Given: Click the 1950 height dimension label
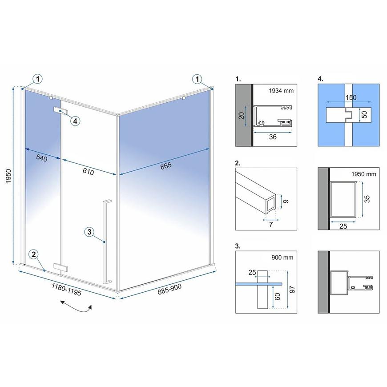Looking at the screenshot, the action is (8, 176).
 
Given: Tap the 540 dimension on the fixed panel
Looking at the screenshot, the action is (42, 158).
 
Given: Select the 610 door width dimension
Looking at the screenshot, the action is (89, 171).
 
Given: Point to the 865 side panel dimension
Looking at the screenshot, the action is (165, 166).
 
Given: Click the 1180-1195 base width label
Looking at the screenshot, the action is (66, 289).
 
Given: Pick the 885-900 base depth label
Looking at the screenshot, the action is (169, 289).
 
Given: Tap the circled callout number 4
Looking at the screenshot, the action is (75, 121).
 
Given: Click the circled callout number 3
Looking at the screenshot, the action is (89, 232).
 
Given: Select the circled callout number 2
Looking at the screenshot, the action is (34, 254).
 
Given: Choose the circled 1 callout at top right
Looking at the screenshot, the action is (197, 80).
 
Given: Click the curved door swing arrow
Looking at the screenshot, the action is (76, 307).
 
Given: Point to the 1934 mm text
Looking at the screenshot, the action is (281, 91).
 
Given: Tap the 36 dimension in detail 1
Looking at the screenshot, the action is (273, 137).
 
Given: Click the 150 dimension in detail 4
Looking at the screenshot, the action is (351, 97).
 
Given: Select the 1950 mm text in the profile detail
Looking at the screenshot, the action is (363, 174).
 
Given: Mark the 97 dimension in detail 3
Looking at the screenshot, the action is (292, 289).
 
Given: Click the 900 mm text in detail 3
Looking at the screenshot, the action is (282, 258).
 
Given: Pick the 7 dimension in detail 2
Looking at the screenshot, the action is (271, 224).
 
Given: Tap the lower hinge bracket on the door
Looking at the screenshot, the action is (60, 267).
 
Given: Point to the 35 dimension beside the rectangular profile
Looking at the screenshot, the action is (367, 199).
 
